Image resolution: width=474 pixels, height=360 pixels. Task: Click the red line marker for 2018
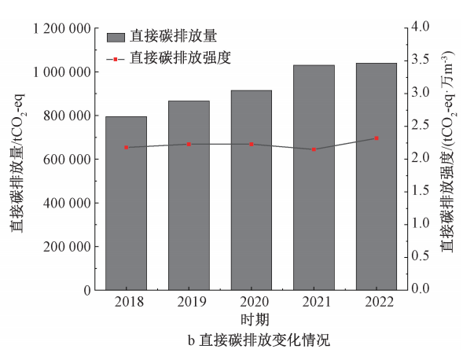point(126,147)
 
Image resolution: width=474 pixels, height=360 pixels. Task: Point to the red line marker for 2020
point(252,144)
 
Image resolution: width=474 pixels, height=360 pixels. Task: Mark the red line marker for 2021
point(314,149)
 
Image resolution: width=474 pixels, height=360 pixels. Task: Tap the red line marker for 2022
point(377,138)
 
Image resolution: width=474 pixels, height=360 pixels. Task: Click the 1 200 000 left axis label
point(60,28)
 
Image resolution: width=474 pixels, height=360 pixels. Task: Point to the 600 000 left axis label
point(67,159)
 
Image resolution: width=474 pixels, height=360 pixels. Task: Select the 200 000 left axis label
point(67,246)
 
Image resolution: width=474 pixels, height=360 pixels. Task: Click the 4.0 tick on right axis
point(422,28)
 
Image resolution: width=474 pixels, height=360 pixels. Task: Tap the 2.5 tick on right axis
point(422,126)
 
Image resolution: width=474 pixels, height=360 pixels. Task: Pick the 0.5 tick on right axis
point(422,257)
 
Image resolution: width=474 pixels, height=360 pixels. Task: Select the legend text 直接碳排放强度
point(181,57)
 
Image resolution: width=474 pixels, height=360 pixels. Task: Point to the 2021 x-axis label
point(314,303)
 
